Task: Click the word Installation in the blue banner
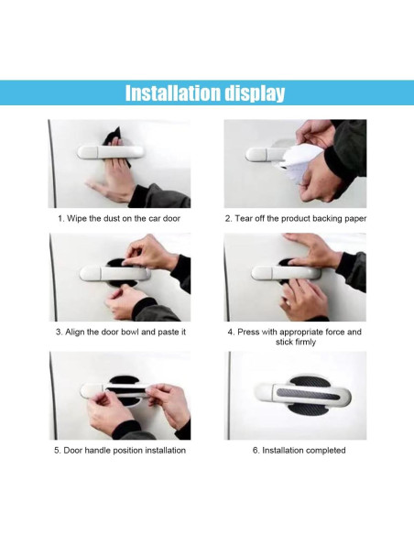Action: click(x=169, y=93)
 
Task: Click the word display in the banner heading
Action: click(x=251, y=93)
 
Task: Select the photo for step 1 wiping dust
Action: click(x=119, y=163)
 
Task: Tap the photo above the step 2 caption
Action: click(x=295, y=163)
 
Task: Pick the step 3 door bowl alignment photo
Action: click(x=119, y=277)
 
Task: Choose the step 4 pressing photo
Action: click(x=295, y=277)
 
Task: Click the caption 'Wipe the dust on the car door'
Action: click(x=119, y=219)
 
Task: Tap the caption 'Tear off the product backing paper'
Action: click(x=295, y=219)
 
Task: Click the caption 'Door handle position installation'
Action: click(x=119, y=450)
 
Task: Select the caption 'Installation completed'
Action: click(x=295, y=450)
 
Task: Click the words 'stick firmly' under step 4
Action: click(x=295, y=343)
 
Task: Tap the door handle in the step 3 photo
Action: click(x=114, y=273)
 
